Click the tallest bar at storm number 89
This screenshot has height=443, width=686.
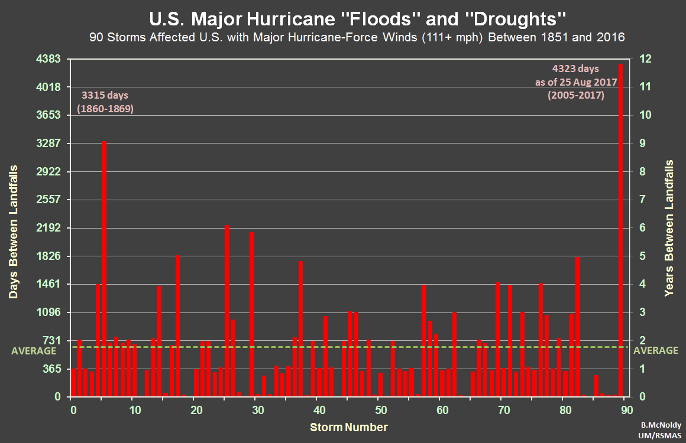[621, 230]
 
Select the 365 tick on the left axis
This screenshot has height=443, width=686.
[52, 369]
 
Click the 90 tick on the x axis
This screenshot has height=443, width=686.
[627, 410]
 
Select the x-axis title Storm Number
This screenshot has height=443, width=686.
[349, 426]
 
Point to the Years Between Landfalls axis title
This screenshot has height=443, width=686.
[669, 228]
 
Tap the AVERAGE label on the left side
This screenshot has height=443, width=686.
[34, 350]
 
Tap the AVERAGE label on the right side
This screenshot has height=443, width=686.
[656, 350]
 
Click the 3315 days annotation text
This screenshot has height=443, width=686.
[105, 95]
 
